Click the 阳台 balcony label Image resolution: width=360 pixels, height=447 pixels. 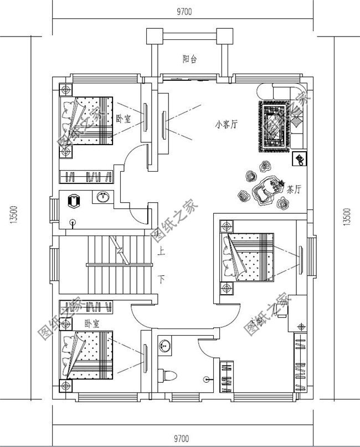(x=189, y=59)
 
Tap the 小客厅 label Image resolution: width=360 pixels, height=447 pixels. (x=226, y=125)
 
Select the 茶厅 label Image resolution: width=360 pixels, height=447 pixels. (x=294, y=189)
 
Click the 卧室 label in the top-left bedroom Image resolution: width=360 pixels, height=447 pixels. (x=124, y=119)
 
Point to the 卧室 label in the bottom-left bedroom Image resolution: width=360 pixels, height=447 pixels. (x=91, y=322)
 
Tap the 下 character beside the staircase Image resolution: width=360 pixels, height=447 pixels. (x=161, y=279)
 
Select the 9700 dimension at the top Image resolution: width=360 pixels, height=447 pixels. (x=185, y=12)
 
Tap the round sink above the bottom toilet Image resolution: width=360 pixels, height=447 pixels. (x=164, y=346)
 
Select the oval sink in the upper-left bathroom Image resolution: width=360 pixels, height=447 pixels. (x=102, y=197)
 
